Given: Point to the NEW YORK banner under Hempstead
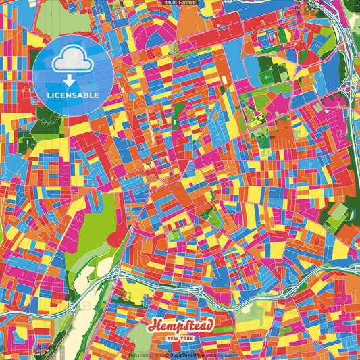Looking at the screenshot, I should (x=180, y=338).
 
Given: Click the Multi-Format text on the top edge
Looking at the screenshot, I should (x=180, y=3).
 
